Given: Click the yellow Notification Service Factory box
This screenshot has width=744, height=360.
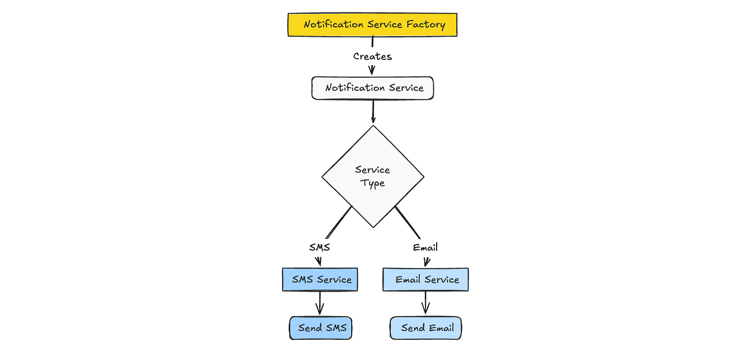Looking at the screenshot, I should pos(372,25).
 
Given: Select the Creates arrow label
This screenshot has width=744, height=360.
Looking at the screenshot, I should pos(372,56).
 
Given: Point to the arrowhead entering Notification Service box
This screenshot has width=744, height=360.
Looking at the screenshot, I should pos(372,71).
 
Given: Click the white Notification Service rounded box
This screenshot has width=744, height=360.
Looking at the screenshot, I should pos(372,88).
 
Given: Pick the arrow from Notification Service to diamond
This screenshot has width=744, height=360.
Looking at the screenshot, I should pos(373,112).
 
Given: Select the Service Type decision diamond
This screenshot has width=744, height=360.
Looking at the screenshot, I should pos(373,176).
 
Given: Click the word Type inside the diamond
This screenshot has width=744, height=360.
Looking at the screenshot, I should pos(373,183).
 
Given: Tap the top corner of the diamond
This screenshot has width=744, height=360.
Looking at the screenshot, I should pos(373,127).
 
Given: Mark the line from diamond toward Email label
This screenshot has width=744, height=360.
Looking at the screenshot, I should pos(408,223).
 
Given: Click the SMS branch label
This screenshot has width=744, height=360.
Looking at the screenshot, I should pos(319,247).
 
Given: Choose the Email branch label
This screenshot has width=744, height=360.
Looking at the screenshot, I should pos(425,248).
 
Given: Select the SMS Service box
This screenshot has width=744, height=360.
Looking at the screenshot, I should pos(320,279).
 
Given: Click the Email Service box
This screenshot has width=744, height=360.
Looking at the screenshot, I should pos(426,279).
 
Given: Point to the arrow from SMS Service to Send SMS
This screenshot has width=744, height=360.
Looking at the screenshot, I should pos(320,303).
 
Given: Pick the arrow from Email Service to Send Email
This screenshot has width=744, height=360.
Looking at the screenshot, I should pos(425,303).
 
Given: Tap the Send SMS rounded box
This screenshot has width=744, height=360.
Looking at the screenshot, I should pos(320,328).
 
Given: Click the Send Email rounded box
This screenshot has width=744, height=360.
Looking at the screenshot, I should pos(426,328).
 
